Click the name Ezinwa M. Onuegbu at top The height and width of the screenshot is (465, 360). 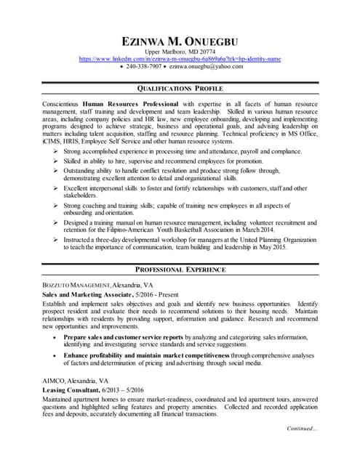(x=180, y=41)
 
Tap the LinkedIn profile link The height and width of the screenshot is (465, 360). (x=180, y=58)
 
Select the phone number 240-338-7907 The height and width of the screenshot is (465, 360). (x=141, y=66)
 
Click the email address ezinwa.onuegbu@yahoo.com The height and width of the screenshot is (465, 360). (x=207, y=66)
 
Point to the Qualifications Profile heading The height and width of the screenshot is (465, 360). (x=180, y=89)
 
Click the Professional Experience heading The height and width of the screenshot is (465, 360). (x=180, y=270)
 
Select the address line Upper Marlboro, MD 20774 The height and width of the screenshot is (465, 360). (x=180, y=52)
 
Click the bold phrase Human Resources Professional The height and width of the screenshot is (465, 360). (x=133, y=105)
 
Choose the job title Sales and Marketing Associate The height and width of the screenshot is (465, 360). (x=86, y=296)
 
